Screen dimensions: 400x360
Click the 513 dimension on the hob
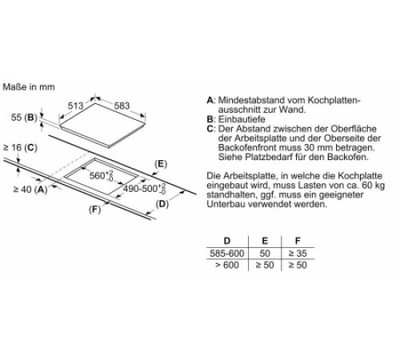click(75, 106)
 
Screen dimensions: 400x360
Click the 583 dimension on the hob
click(122, 106)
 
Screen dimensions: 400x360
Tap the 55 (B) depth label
click(24, 118)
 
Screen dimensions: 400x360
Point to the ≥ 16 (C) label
click(20, 147)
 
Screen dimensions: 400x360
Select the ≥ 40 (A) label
click(30, 190)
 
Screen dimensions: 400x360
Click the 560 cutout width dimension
click(101, 175)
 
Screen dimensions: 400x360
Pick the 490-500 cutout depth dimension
click(144, 189)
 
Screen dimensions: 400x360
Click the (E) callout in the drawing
click(161, 164)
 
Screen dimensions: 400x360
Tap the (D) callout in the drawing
click(162, 204)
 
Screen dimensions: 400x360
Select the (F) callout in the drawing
click(95, 210)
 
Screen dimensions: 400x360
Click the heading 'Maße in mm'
click(29, 87)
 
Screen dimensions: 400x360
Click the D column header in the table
click(227, 241)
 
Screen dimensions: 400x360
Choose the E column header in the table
click(265, 241)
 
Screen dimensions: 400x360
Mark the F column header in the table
click(298, 241)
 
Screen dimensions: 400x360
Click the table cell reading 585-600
click(227, 254)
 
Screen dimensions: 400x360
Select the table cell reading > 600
click(227, 265)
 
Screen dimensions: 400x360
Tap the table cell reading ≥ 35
click(298, 254)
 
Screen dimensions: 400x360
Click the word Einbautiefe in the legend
click(242, 119)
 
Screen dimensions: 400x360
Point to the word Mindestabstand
click(251, 100)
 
